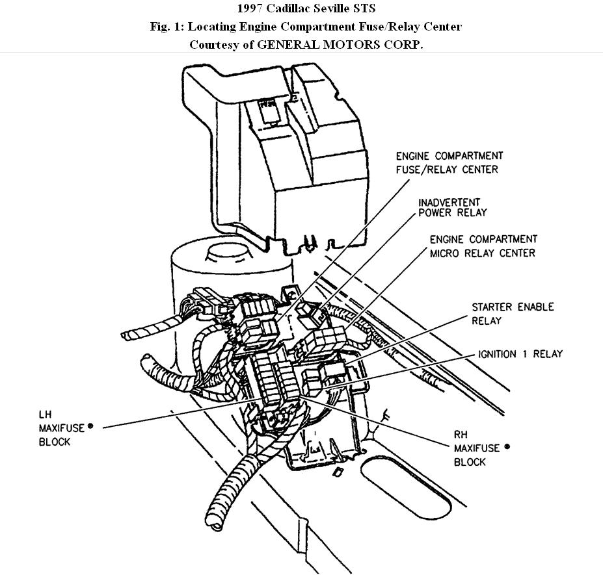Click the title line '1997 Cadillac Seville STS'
point(301,9)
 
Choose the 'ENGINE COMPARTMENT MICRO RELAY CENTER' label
point(483,246)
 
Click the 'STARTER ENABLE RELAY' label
point(513,313)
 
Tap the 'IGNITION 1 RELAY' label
point(520,354)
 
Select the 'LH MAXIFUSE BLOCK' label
point(54,428)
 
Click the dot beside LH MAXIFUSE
point(90,426)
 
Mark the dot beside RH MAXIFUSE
point(507,446)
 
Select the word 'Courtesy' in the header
point(211,45)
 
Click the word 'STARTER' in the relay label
point(492,307)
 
